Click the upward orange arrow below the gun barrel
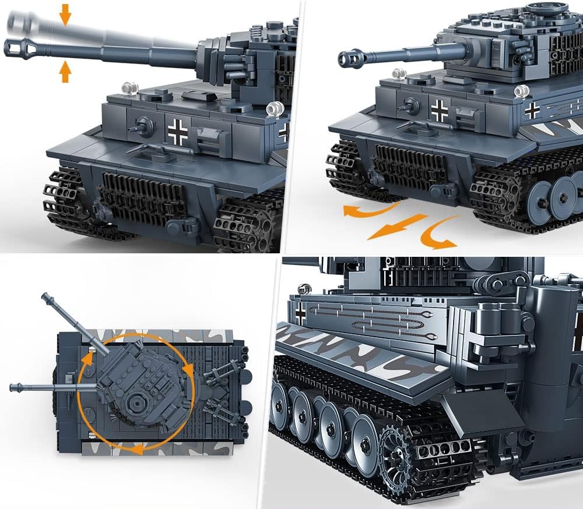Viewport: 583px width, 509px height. pyautogui.click(x=65, y=72)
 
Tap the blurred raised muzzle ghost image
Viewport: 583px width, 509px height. pyautogui.click(x=23, y=24)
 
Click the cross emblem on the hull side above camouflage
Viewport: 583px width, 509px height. pyautogui.click(x=532, y=110)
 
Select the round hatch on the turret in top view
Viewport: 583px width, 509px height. pyautogui.click(x=138, y=402)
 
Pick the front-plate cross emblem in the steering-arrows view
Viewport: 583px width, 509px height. pyautogui.click(x=439, y=110)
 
